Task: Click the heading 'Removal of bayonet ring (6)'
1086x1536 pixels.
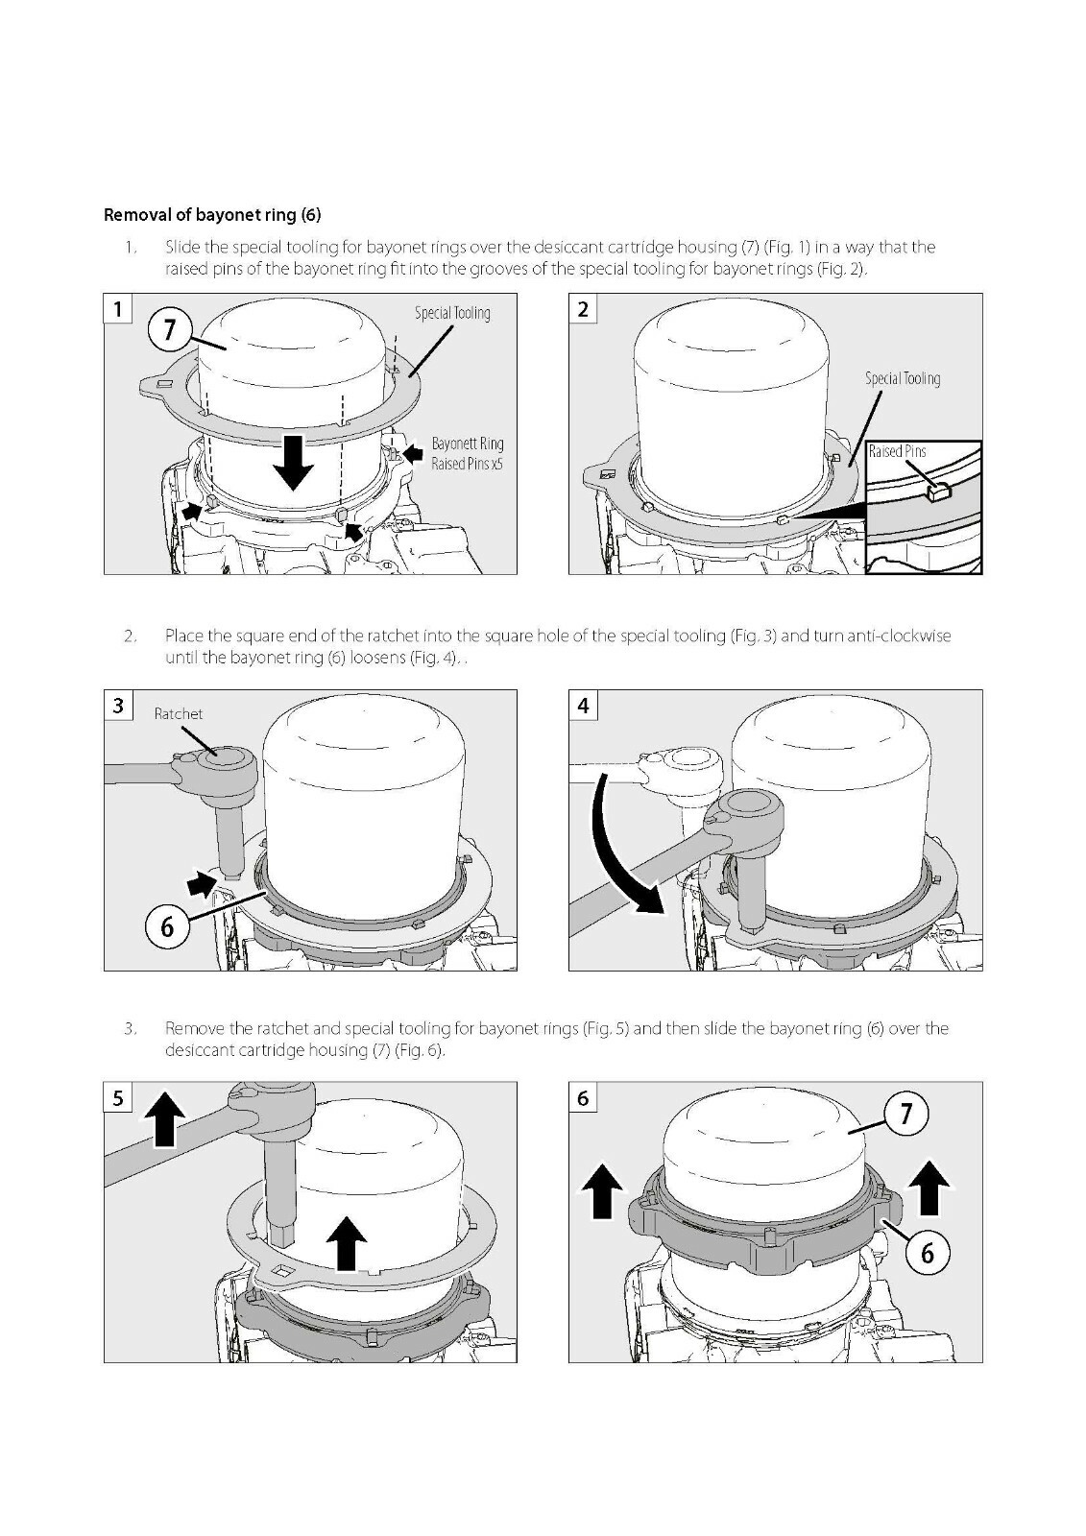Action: tap(212, 215)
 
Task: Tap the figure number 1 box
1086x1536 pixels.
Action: tap(118, 308)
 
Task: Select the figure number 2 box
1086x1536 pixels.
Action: tap(583, 308)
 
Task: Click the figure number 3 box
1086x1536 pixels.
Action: tap(118, 705)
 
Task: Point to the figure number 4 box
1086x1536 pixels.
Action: tap(583, 705)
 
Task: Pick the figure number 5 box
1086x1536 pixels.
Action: tap(118, 1098)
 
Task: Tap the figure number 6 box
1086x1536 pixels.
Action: tap(583, 1098)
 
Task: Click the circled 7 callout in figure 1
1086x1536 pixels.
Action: tap(169, 331)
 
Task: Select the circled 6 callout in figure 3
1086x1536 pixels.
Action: tap(167, 927)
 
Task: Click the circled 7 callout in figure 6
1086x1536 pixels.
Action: tap(906, 1114)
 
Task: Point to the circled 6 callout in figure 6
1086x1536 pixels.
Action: tap(927, 1253)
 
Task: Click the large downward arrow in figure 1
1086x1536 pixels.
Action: tap(293, 462)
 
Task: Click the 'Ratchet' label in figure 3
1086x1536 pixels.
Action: tap(179, 714)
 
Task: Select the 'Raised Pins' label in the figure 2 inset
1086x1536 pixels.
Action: tap(898, 451)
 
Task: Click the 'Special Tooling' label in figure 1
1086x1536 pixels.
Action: tap(453, 313)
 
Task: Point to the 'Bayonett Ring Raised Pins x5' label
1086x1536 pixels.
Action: tap(468, 454)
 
